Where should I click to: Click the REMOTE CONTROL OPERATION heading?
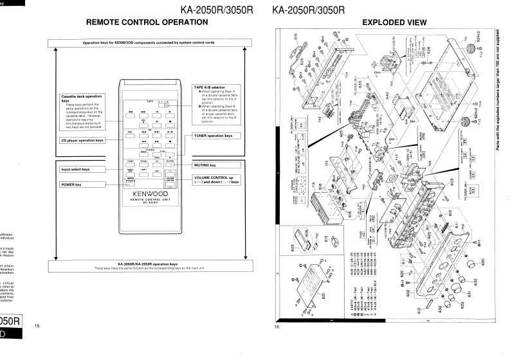pyautogui.click(x=147, y=22)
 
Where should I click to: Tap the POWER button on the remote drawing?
pyautogui.click(x=131, y=183)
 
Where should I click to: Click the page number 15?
pyautogui.click(x=37, y=326)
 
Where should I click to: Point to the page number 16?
pyautogui.click(x=277, y=326)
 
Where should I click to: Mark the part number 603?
pyautogui.click(x=451, y=183)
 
